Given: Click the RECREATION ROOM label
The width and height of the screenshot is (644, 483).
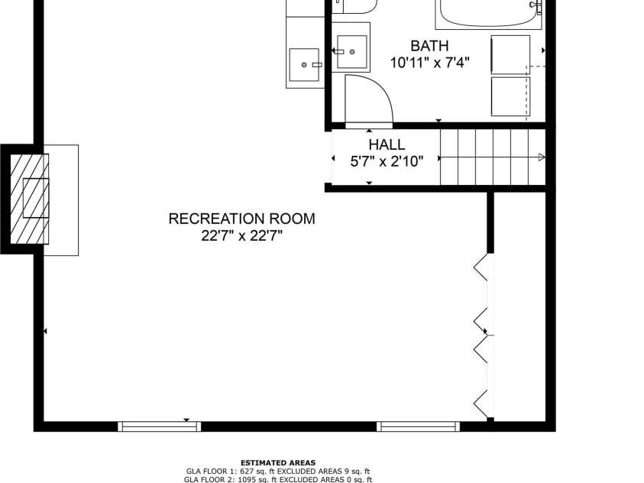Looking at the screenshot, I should [x=241, y=219].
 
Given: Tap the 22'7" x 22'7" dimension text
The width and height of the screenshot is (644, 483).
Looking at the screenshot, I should [x=241, y=236].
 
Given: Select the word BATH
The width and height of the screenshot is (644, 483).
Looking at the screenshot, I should [x=429, y=46].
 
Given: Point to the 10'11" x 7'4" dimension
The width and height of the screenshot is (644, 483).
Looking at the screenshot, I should [x=429, y=63].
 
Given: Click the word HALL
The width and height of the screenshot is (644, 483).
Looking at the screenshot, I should [x=387, y=144].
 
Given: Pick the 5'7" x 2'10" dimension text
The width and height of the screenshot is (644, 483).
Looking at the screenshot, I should [x=387, y=160].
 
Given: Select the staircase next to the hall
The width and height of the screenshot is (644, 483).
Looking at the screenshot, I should [x=489, y=157].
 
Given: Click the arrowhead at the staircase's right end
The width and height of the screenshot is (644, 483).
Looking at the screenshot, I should [x=541, y=157].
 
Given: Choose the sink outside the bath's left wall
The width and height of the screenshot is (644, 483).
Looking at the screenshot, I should [x=306, y=66].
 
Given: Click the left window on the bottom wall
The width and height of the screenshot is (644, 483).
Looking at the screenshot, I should [x=159, y=426].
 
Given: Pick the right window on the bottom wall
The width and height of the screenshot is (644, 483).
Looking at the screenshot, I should [x=418, y=426].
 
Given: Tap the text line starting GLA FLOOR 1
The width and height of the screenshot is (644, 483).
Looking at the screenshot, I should [x=278, y=472].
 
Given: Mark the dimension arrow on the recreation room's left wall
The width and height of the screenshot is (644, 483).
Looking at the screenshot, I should [x=46, y=331].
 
